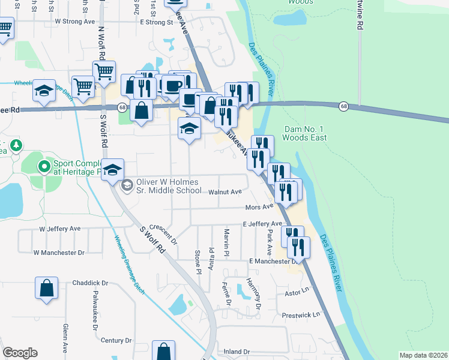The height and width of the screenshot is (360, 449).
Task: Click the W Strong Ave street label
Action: click(x=75, y=21)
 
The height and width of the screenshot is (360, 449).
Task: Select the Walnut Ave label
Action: click(x=225, y=193)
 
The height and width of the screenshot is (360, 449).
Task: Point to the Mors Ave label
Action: click(x=259, y=207)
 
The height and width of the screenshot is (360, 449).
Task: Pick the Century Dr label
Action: click(x=116, y=340)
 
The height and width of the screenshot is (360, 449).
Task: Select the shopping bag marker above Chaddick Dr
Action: click(x=47, y=289)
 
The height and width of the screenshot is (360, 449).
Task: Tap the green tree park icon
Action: click(x=16, y=145)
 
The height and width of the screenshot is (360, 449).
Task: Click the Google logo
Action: click(x=20, y=353)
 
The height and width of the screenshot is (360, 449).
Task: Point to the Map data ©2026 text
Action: click(x=423, y=355)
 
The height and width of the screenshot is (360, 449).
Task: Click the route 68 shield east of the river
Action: click(x=343, y=106)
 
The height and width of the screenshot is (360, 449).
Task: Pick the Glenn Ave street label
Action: click(x=65, y=336)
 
